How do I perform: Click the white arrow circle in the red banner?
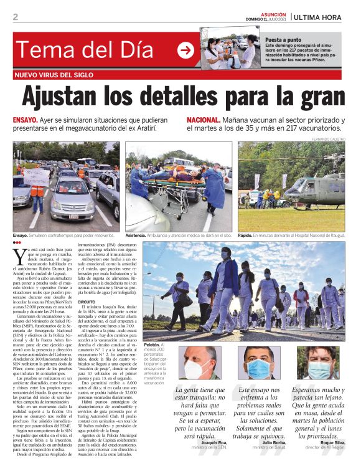(185, 51)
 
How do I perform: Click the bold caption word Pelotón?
(152, 345)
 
